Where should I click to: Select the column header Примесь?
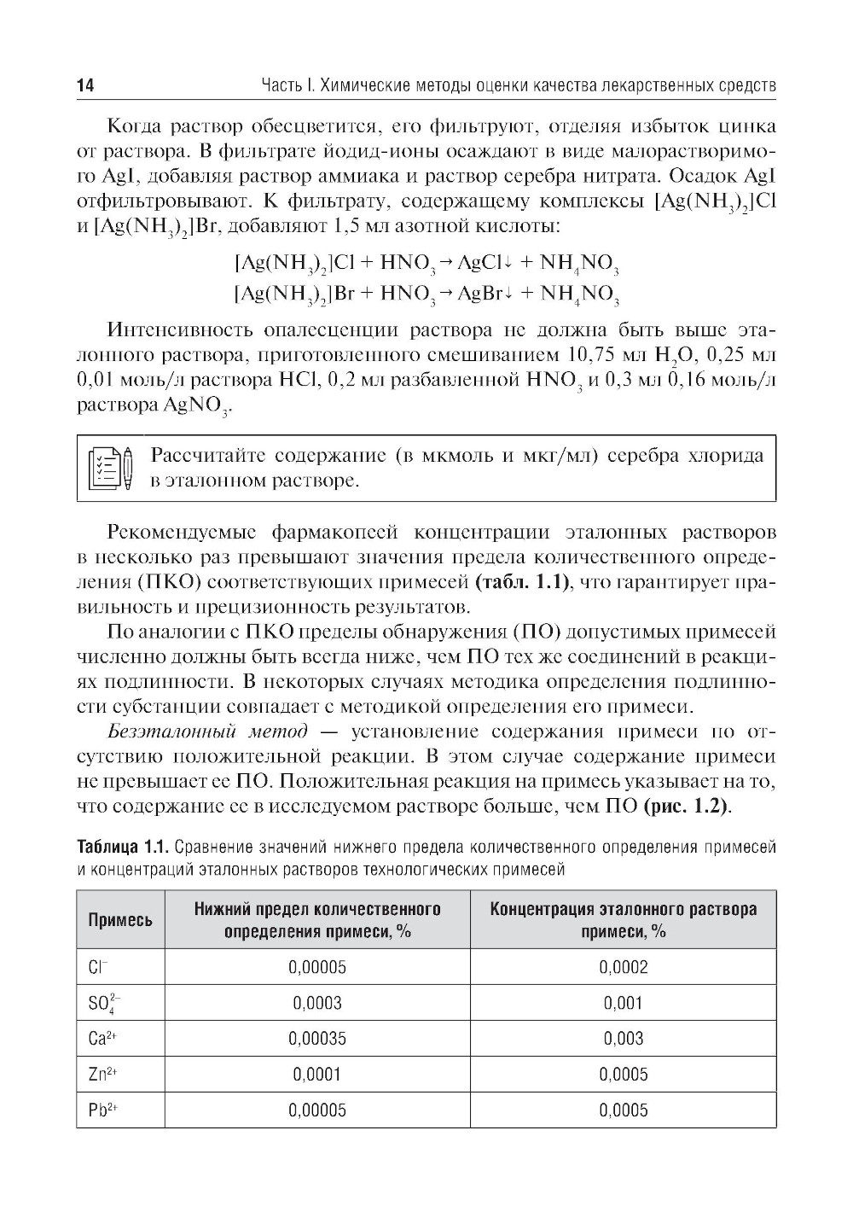click(120, 920)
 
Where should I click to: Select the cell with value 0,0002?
click(623, 967)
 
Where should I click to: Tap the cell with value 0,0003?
click(316, 1003)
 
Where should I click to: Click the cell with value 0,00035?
click(316, 1039)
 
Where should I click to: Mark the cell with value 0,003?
click(623, 1039)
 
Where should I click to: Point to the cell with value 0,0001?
click(316, 1075)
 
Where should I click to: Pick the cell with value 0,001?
click(623, 1003)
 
